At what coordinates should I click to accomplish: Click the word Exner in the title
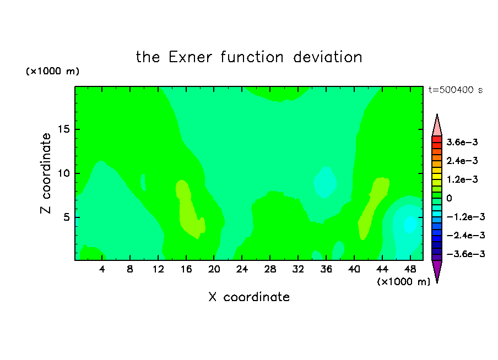(x=190, y=57)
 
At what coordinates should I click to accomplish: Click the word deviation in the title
(x=327, y=57)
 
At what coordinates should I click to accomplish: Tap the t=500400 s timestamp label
(x=456, y=90)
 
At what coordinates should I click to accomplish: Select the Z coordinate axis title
(x=45, y=173)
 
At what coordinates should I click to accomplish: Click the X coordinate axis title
(x=249, y=297)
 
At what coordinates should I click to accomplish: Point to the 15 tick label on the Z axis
(x=63, y=129)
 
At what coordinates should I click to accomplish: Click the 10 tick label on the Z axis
(x=63, y=173)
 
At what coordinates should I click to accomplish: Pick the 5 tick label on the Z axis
(x=66, y=217)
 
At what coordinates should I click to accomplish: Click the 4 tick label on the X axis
(x=102, y=269)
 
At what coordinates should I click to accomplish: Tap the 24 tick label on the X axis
(x=242, y=269)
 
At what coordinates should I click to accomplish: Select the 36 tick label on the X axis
(x=326, y=269)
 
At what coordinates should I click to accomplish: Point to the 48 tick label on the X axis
(x=410, y=269)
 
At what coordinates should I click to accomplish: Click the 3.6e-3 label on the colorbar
(x=462, y=142)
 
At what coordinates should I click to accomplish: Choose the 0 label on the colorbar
(x=449, y=198)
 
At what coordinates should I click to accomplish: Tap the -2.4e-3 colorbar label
(x=465, y=236)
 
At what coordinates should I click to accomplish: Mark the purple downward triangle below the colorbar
(x=437, y=270)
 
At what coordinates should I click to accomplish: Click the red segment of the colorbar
(x=437, y=139)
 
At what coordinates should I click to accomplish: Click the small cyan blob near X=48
(x=410, y=225)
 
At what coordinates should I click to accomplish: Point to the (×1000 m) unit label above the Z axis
(x=52, y=71)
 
